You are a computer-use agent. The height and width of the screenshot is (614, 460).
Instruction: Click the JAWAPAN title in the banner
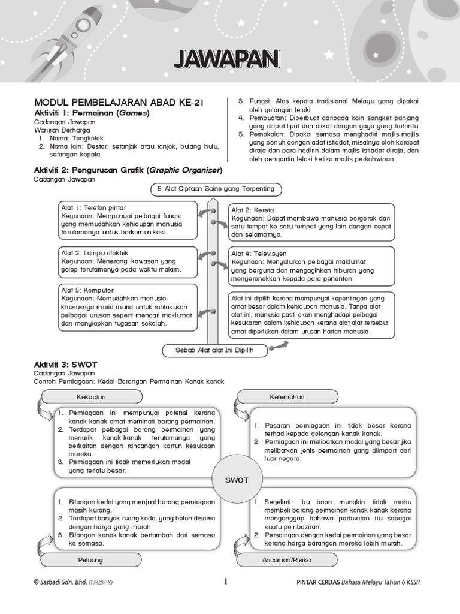pyautogui.click(x=226, y=59)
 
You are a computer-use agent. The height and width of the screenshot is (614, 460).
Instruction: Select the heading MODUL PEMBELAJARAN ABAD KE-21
pyautogui.click(x=119, y=103)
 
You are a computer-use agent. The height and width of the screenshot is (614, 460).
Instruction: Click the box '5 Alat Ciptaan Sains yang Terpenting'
pyautogui.click(x=216, y=189)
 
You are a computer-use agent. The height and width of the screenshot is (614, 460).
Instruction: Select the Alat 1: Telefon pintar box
pyautogui.click(x=128, y=220)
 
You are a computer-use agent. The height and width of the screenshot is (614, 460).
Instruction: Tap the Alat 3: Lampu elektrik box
pyautogui.click(x=128, y=261)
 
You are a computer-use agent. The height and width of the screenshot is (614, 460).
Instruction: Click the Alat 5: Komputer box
pyautogui.click(x=128, y=307)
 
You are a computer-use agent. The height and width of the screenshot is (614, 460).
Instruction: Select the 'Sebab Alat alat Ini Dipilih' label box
pyautogui.click(x=214, y=350)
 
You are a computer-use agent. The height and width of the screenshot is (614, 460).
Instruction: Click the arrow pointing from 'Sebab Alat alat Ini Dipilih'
pyautogui.click(x=279, y=345)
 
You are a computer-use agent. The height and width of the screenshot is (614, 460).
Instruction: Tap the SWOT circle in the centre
pyautogui.click(x=236, y=480)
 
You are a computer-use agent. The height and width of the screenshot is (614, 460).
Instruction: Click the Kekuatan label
pyautogui.click(x=91, y=397)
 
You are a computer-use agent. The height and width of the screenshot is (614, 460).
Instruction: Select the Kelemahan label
pyautogui.click(x=287, y=397)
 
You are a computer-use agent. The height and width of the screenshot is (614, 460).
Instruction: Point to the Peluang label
pyautogui.click(x=91, y=560)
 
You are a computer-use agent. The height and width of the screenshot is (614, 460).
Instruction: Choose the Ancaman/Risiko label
pyautogui.click(x=287, y=560)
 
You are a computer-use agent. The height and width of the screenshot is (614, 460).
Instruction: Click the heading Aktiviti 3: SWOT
pyautogui.click(x=66, y=364)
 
